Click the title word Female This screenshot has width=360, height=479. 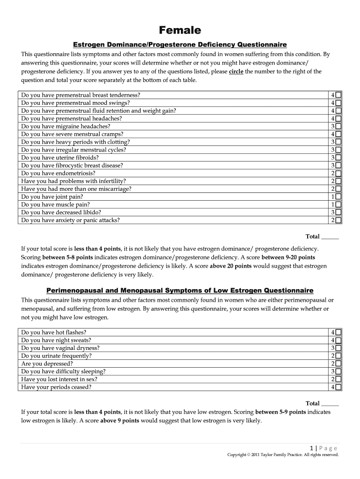tap(180, 30)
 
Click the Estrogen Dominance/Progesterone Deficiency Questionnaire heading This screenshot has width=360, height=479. tap(180, 44)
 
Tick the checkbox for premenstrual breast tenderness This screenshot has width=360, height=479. tap(338, 95)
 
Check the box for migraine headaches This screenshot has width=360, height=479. tap(338, 126)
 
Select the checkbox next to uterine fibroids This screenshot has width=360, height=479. tap(338, 158)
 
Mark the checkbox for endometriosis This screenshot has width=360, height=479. tap(338, 173)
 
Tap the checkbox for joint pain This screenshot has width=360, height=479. tap(338, 197)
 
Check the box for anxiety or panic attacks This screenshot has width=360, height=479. tap(338, 220)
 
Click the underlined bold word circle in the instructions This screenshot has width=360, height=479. tap(236, 72)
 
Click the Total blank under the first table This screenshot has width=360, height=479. tap(330, 237)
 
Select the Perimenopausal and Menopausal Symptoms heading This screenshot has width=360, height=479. tap(180, 290)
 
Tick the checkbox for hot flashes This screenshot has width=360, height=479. tap(338, 332)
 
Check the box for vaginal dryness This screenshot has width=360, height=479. tap(338, 348)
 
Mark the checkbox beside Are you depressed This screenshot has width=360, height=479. tap(338, 364)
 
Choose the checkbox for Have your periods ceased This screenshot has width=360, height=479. tap(338, 387)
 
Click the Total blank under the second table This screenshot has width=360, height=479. tap(330, 403)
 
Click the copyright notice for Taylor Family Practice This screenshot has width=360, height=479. tap(282, 455)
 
